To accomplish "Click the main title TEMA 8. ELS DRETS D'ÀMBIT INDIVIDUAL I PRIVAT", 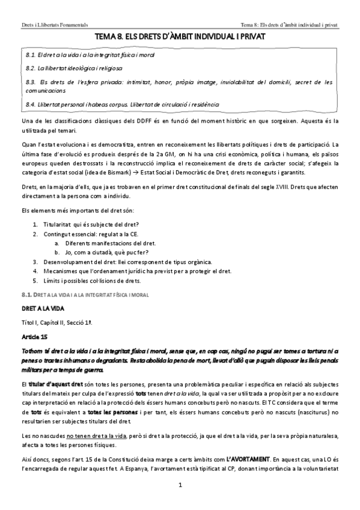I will point(180,37).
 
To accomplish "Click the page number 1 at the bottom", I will point(180,484).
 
